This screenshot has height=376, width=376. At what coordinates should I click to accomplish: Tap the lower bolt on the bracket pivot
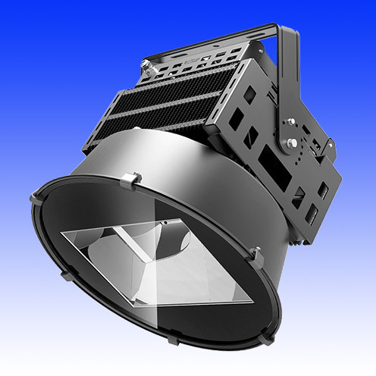pos(290,143)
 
